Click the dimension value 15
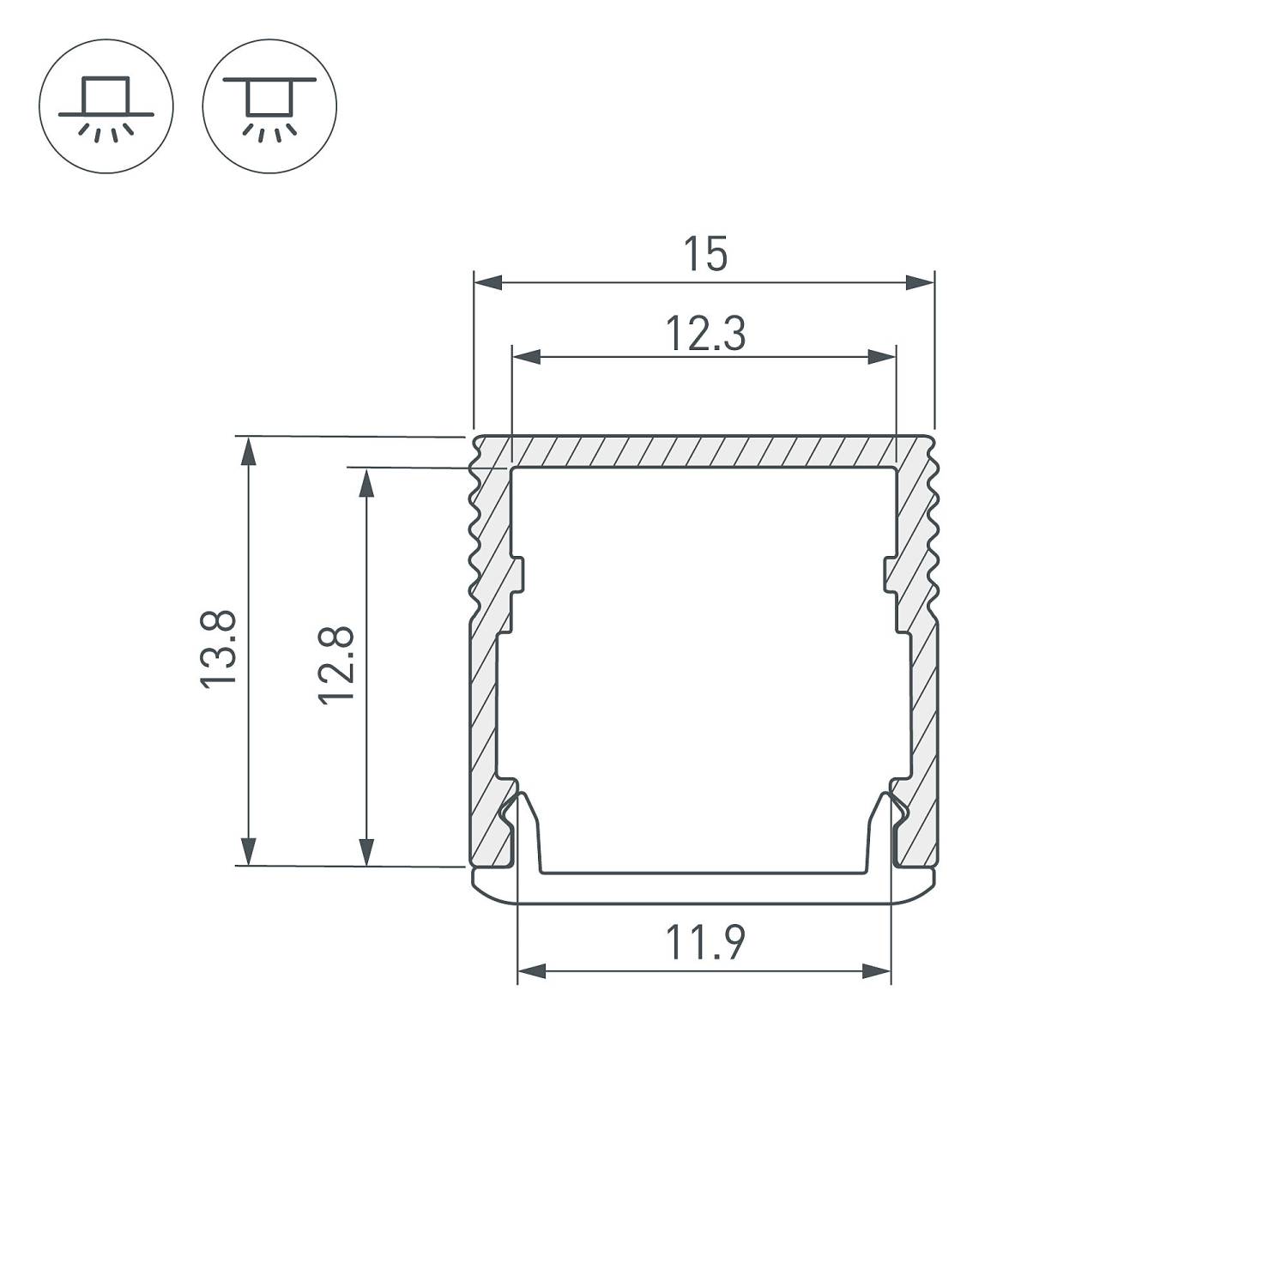(x=704, y=255)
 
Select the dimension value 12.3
(x=704, y=334)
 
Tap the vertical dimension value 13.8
(x=218, y=648)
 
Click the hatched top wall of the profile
(x=704, y=451)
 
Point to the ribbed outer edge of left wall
(x=473, y=532)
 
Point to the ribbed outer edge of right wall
(x=934, y=532)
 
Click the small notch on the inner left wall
(x=517, y=575)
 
